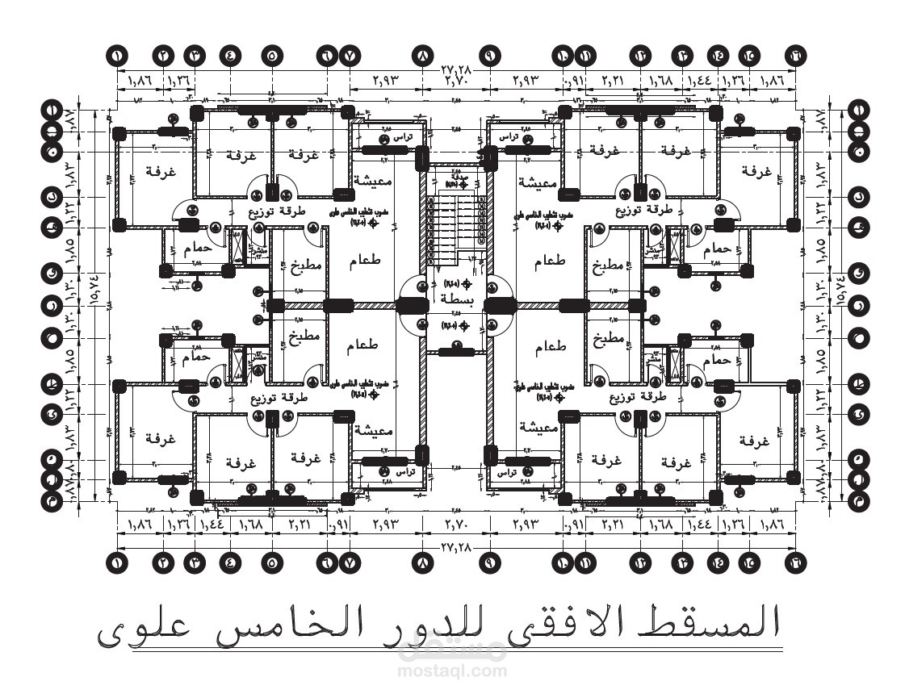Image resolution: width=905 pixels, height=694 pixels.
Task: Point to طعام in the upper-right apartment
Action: [549, 261]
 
